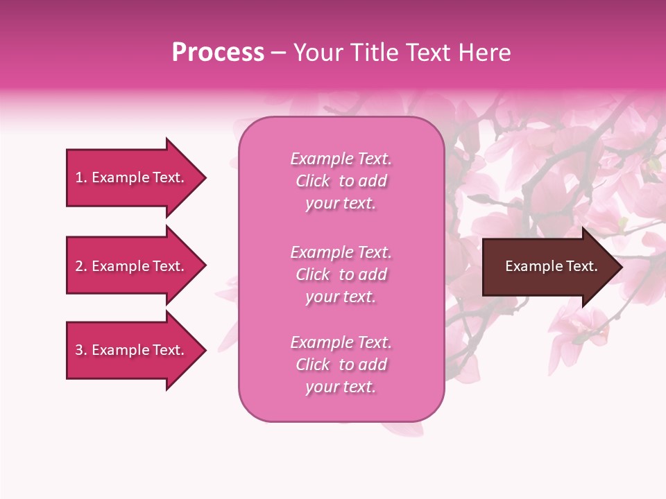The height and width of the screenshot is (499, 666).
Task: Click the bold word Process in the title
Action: [x=218, y=53]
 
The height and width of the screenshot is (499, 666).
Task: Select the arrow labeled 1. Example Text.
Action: [x=132, y=177]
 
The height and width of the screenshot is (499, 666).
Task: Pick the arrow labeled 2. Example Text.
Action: [x=132, y=266]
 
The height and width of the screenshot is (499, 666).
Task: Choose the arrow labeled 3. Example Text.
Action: [x=132, y=350]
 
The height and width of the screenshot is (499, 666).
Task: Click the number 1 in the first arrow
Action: [x=80, y=177]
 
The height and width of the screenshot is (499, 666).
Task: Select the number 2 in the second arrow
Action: [x=80, y=266]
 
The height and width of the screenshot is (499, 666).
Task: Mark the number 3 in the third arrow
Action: [x=80, y=350]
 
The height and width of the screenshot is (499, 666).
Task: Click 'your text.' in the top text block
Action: [x=341, y=204]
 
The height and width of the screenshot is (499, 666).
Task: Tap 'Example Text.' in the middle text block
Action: [x=341, y=252]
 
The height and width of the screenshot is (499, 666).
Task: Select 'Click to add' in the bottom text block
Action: [x=341, y=365]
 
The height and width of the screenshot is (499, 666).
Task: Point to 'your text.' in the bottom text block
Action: [x=341, y=387]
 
